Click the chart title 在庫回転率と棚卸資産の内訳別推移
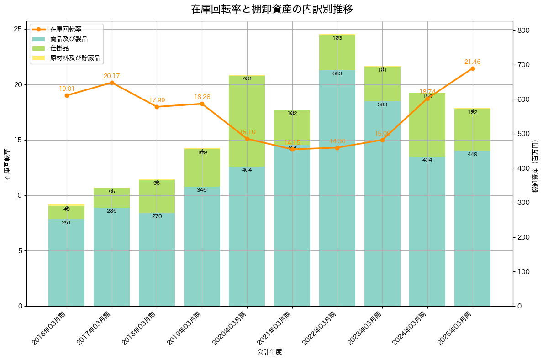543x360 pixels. pos(271,9)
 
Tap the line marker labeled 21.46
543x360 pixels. pos(472,68)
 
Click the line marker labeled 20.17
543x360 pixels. pos(112,83)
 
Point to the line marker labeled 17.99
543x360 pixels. pos(157,107)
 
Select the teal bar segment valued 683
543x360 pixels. pos(337,188)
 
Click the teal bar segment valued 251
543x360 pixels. pos(67,262)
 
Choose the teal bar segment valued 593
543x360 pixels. pos(382,203)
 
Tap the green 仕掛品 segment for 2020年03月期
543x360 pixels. pos(247,121)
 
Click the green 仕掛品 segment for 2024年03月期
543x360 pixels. pos(427,125)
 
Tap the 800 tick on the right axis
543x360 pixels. pos(522,31)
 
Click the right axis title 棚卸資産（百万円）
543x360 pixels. pos(535,163)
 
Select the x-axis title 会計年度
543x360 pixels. pos(269,352)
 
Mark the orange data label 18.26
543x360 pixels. pos(202,97)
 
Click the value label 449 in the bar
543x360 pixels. pos(472,154)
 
